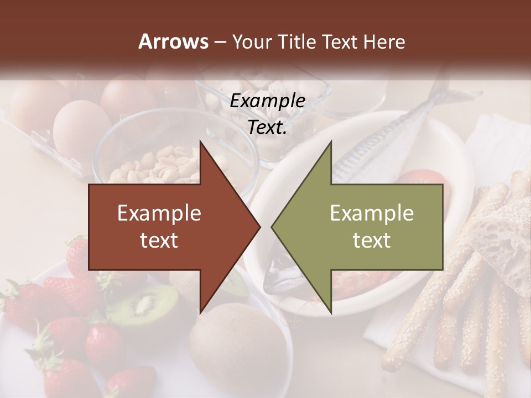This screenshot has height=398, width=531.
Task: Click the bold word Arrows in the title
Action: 173,41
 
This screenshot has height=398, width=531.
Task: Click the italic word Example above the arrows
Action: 267,101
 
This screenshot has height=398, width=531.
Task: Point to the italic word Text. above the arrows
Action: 267,128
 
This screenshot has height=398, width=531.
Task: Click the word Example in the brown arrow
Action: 159,213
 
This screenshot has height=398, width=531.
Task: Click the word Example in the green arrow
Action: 372,213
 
